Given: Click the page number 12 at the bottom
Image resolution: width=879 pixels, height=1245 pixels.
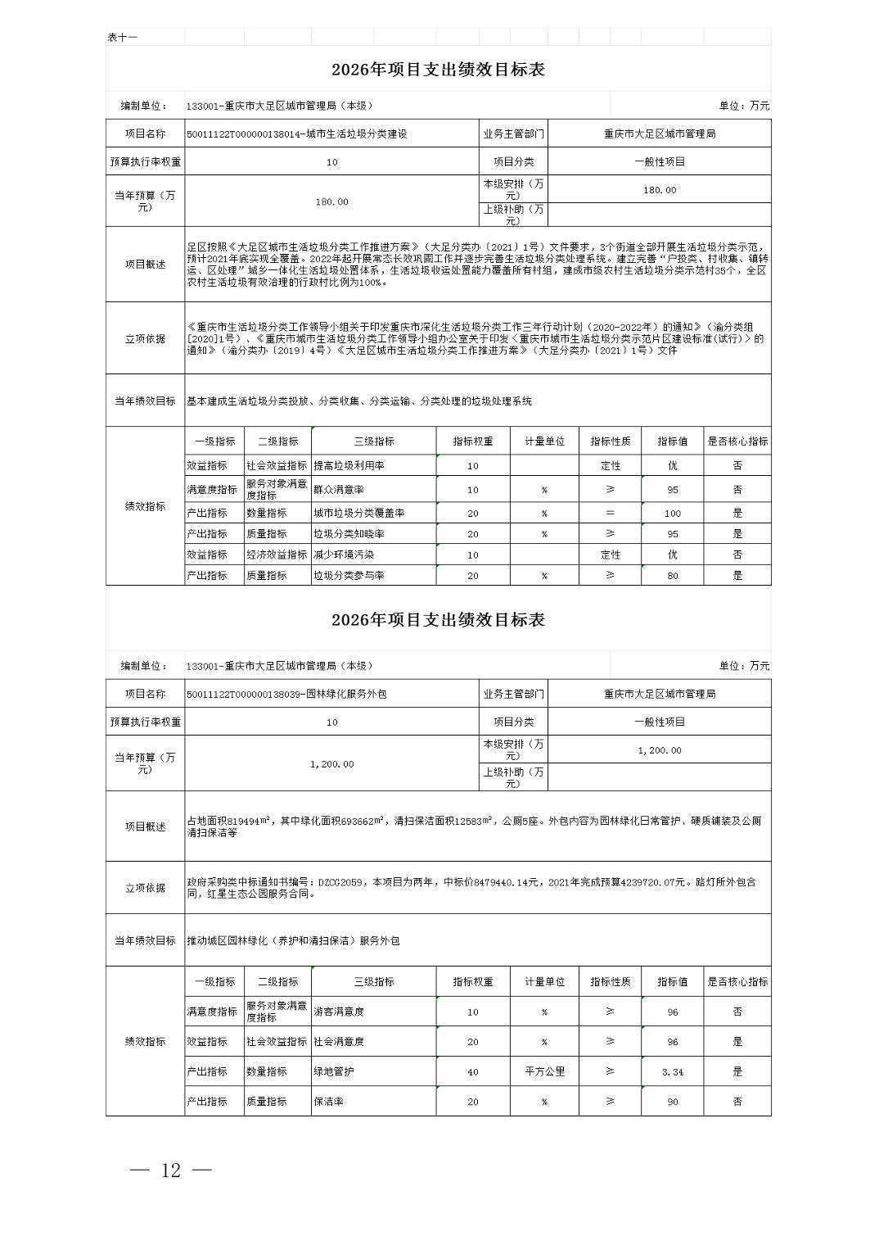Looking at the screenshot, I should point(170,1170).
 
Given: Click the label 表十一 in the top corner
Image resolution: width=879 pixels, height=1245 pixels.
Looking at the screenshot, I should point(123,38).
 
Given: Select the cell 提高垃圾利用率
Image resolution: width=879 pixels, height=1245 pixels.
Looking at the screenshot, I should point(349,465).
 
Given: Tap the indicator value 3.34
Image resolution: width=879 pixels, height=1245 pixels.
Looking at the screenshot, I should point(672,1071).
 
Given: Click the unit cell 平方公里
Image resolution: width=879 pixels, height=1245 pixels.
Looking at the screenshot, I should point(544,1071).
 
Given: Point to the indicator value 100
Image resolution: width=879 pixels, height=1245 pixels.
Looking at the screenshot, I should point(672,514).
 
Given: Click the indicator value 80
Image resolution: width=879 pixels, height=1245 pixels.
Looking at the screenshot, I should point(672,576).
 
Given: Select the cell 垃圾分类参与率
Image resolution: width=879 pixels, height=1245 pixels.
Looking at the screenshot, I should point(349,576).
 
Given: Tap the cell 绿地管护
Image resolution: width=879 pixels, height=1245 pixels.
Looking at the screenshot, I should point(334,1071).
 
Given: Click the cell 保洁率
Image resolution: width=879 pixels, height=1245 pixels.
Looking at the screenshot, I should point(328,1102).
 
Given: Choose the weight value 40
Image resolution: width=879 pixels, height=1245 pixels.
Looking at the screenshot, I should point(472,1071).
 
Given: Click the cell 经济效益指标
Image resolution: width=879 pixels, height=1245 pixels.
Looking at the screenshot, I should point(277,555).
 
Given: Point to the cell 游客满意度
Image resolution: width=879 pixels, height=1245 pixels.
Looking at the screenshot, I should point(339,1012).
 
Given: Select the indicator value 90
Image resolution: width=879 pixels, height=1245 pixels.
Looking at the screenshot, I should point(672,1102).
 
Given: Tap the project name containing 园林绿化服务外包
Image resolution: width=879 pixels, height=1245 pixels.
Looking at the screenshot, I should point(286,694).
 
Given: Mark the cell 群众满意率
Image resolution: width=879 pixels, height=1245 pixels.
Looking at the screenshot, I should point(339,490).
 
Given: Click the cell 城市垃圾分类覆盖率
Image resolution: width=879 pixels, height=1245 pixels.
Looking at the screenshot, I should point(358,514).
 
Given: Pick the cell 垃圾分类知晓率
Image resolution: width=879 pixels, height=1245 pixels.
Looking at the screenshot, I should point(349,534).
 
